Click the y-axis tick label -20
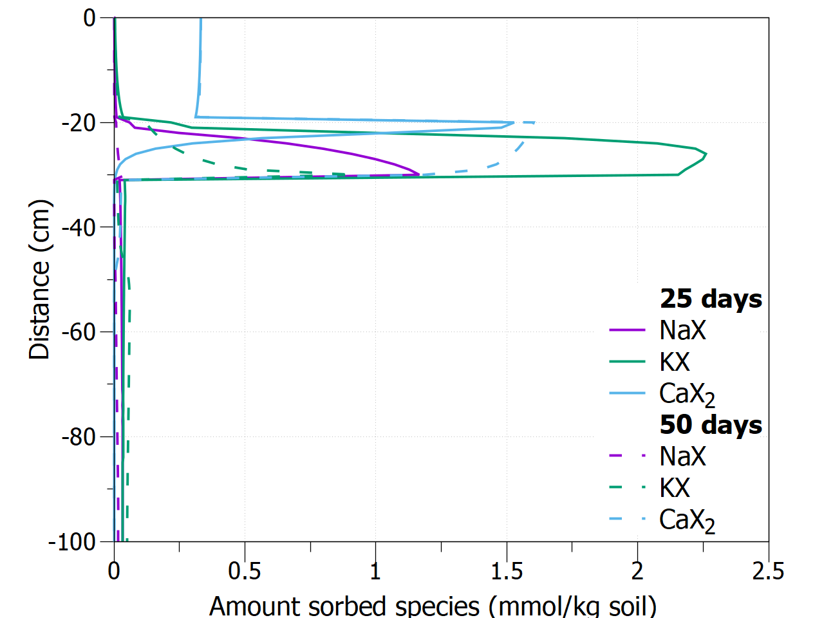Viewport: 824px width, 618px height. point(79,122)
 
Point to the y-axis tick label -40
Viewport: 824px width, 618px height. point(79,227)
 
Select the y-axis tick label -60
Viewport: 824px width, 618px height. point(79,332)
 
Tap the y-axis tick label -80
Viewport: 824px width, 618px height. point(79,437)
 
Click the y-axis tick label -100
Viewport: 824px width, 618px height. point(72,542)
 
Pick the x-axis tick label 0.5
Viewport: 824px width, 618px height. point(245,571)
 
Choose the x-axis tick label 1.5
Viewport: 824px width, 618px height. point(507,571)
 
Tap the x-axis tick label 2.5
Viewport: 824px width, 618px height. point(768,571)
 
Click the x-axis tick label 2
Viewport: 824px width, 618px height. point(637,571)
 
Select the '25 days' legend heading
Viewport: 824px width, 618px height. point(711,299)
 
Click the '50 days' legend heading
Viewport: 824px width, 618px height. point(711,425)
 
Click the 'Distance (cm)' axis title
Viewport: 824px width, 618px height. point(40,280)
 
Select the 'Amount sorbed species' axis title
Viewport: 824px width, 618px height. point(433,606)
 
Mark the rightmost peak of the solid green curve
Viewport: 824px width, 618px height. point(706,154)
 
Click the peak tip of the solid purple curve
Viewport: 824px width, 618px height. point(419,174)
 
